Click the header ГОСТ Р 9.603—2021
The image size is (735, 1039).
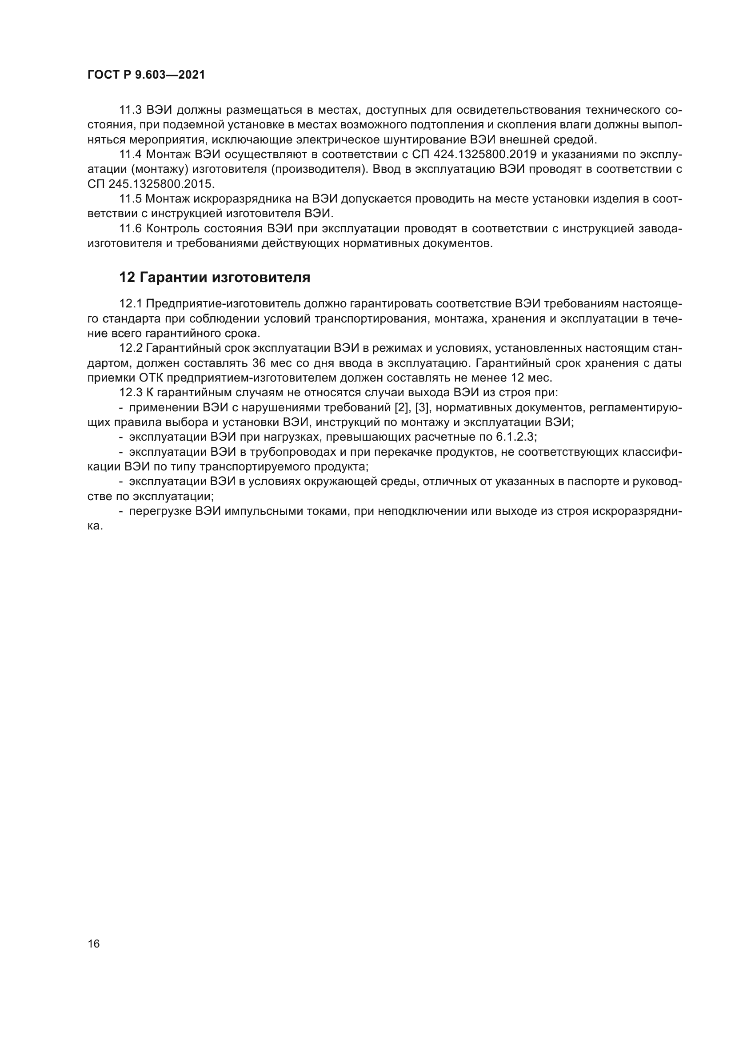point(146,75)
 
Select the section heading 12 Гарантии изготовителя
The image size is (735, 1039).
point(215,277)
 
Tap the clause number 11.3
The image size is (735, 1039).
point(130,111)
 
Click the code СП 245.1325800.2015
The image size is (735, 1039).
point(151,185)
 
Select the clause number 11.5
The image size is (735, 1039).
point(130,199)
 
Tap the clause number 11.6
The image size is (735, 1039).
point(130,229)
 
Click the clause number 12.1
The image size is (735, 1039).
point(130,304)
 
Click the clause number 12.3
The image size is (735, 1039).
point(130,393)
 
